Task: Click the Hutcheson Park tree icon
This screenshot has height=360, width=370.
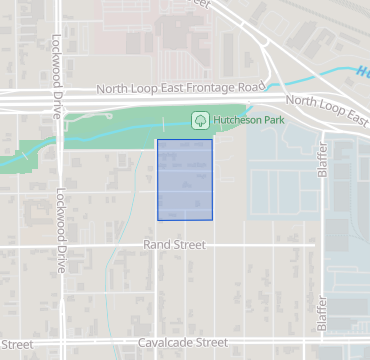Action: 200,120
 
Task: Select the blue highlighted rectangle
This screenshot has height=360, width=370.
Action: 185,180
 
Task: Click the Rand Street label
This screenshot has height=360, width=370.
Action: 175,245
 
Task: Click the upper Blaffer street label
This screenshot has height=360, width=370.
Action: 322,161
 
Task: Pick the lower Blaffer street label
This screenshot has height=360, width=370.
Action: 322,314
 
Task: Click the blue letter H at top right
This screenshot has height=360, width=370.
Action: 361,71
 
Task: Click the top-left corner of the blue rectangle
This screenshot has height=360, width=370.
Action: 158,140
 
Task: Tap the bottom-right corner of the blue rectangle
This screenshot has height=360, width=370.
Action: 213,220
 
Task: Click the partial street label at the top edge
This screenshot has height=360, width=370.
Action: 200,4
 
